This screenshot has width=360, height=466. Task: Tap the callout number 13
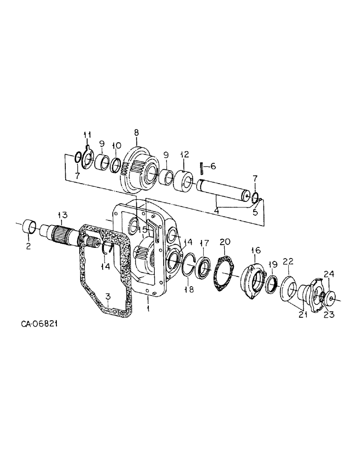(62, 215)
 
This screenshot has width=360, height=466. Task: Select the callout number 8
(137, 133)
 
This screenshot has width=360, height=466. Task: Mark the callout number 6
(213, 166)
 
